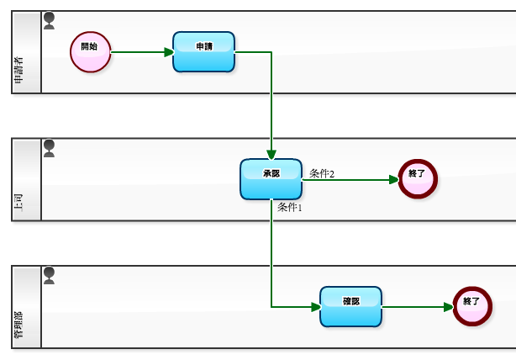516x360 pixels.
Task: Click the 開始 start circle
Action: tap(90, 51)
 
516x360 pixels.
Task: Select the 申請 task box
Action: tap(203, 51)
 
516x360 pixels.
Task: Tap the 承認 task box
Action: tap(271, 178)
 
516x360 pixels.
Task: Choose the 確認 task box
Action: tap(350, 306)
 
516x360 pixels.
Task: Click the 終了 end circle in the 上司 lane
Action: tap(418, 178)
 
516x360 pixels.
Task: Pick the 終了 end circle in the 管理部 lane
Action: tap(471, 306)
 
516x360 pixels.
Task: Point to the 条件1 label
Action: tap(289, 207)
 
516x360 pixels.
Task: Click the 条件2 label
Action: tap(322, 173)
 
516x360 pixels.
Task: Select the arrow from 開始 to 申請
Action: tap(141, 51)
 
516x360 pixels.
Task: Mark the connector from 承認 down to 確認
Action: tap(271, 261)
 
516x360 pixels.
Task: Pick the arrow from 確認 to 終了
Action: tap(417, 306)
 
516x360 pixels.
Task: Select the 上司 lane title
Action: tap(18, 203)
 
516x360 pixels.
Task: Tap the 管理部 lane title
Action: tap(18, 327)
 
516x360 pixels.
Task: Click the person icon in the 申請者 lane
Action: tap(49, 20)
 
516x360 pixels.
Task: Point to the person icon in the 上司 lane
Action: tap(49, 148)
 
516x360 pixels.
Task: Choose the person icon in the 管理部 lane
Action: tap(49, 275)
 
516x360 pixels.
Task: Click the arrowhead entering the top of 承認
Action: tap(271, 153)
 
